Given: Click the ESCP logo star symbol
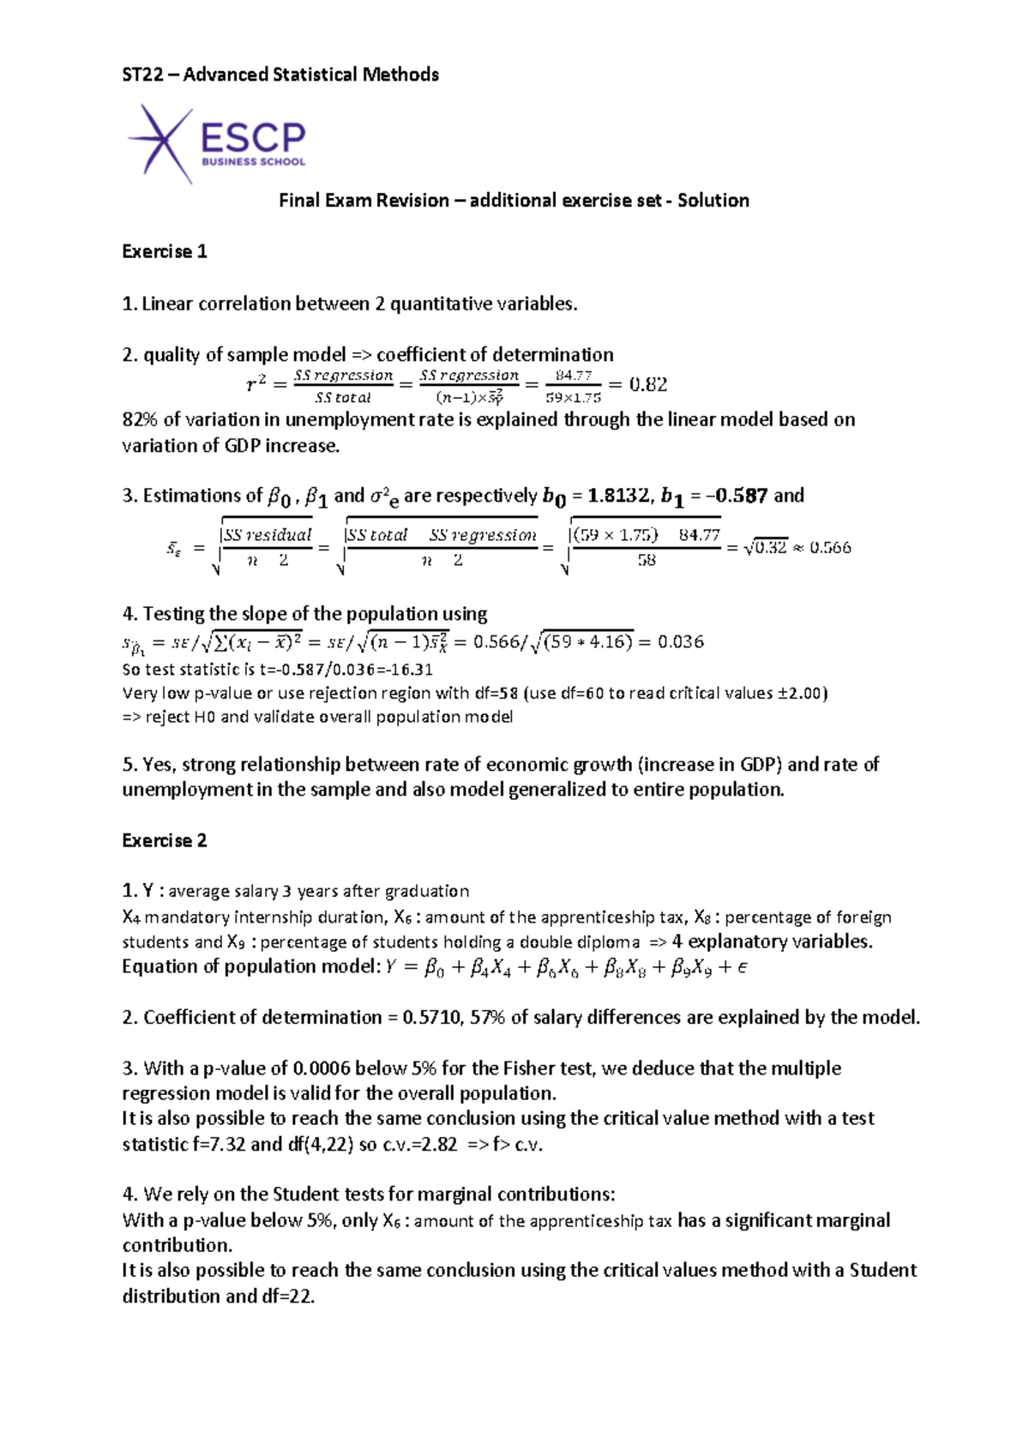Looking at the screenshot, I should point(161,142).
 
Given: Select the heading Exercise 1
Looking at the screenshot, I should point(165,251).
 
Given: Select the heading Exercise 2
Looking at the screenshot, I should point(165,840).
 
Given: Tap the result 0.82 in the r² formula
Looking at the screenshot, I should point(647,384).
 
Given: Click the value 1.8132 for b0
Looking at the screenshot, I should point(617,496).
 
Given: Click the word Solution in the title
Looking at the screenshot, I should point(713,201).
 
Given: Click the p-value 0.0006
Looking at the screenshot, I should point(322,1068).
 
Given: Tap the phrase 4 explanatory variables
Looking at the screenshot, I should point(772,942).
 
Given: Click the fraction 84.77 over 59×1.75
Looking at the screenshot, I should point(573,386).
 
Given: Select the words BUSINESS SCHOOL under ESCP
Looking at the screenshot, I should point(253,161).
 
